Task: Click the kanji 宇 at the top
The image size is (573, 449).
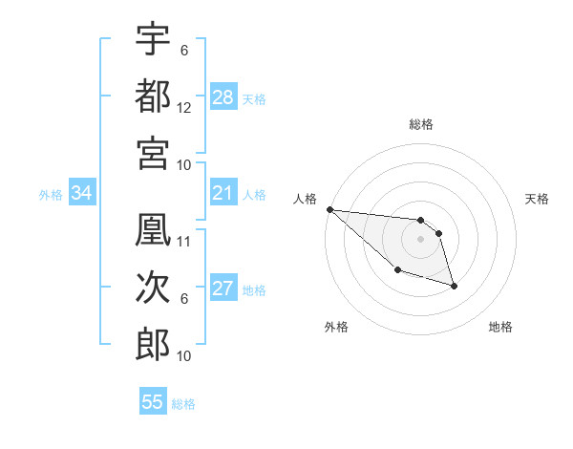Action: (153, 39)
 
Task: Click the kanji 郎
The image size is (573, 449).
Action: (153, 344)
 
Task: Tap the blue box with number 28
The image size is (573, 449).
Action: (223, 97)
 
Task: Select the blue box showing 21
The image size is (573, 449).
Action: (223, 194)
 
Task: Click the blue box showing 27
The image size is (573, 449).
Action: (223, 289)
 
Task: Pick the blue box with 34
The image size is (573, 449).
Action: (81, 194)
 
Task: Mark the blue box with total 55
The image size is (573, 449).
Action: (153, 402)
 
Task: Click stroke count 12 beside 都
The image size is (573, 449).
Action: (184, 108)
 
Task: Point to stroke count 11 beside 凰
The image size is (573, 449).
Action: (184, 241)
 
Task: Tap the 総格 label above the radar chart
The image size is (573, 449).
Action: (420, 124)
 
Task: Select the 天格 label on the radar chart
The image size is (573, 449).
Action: (537, 199)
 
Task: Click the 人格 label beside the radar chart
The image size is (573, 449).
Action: (306, 199)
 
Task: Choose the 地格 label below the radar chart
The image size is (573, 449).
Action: (500, 328)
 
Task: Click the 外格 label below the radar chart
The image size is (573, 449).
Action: (336, 328)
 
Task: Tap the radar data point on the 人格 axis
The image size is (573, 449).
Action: (329, 209)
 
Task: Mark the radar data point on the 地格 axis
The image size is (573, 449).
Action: (454, 286)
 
